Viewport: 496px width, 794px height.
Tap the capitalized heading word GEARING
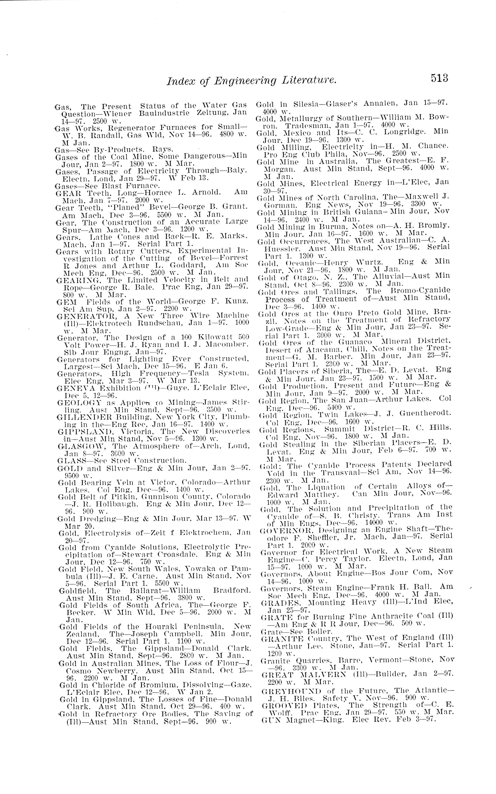tap(74, 280)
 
